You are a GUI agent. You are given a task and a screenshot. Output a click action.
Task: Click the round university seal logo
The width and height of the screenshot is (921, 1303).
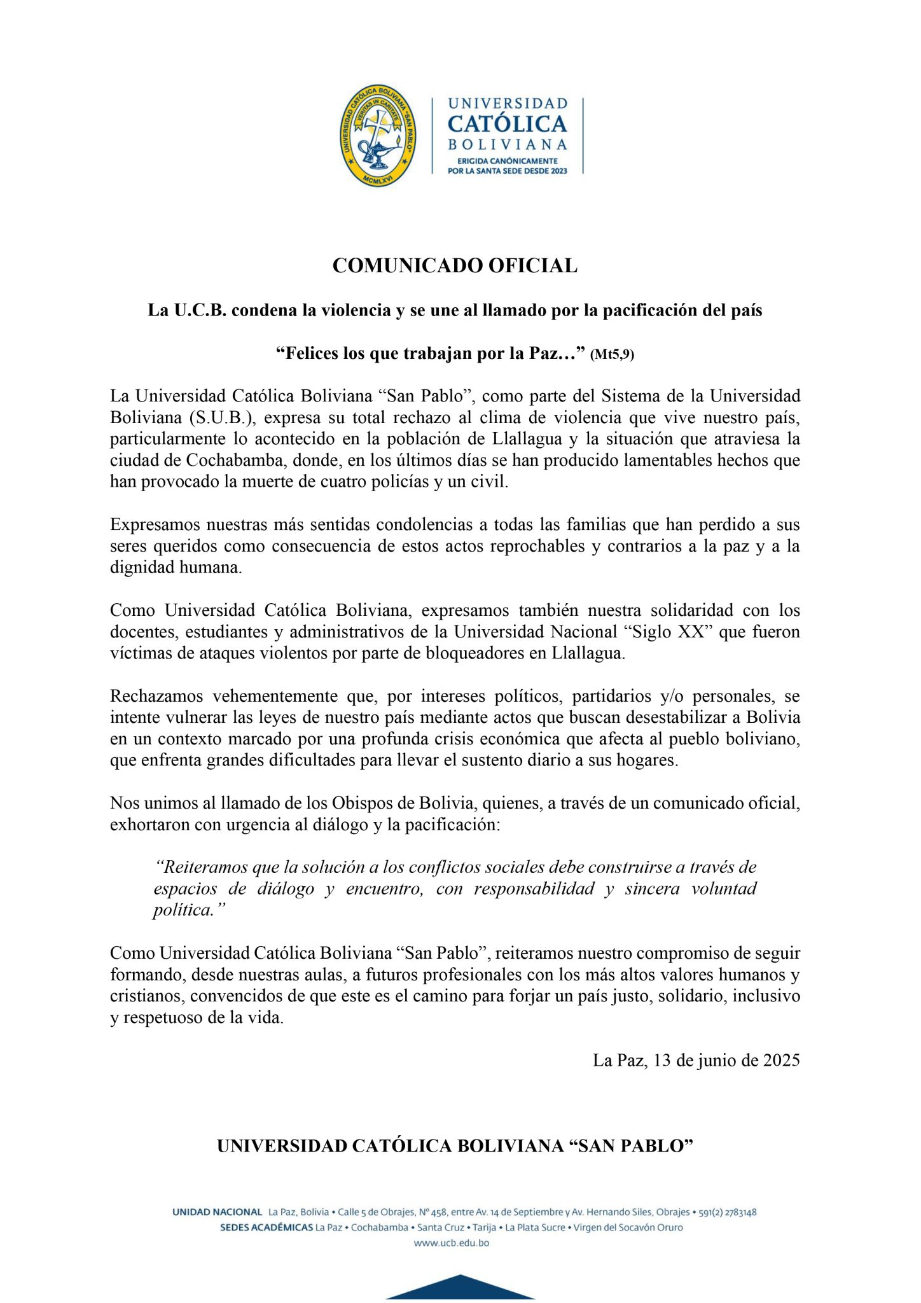pos(378,136)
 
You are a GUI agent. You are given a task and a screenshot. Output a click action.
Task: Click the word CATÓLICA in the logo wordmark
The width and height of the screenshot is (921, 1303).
pos(507,123)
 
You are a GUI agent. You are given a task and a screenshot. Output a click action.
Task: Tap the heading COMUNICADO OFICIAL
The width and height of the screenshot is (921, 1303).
pos(455,265)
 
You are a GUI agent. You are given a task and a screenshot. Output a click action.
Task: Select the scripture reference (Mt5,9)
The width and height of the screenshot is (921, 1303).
pos(612,355)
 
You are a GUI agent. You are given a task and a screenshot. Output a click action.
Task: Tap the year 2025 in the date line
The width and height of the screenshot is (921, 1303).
pos(781,1060)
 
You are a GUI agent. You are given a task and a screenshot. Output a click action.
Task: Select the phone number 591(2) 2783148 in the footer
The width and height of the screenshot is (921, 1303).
pos(728,1213)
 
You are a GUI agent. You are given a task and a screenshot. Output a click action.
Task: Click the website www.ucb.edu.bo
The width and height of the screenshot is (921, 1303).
pos(452,1243)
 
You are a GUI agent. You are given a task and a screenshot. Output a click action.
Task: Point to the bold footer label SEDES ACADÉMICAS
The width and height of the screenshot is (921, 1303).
pos(266,1228)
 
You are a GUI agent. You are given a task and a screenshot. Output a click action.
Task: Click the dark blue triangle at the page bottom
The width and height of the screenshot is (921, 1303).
pos(460,1288)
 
